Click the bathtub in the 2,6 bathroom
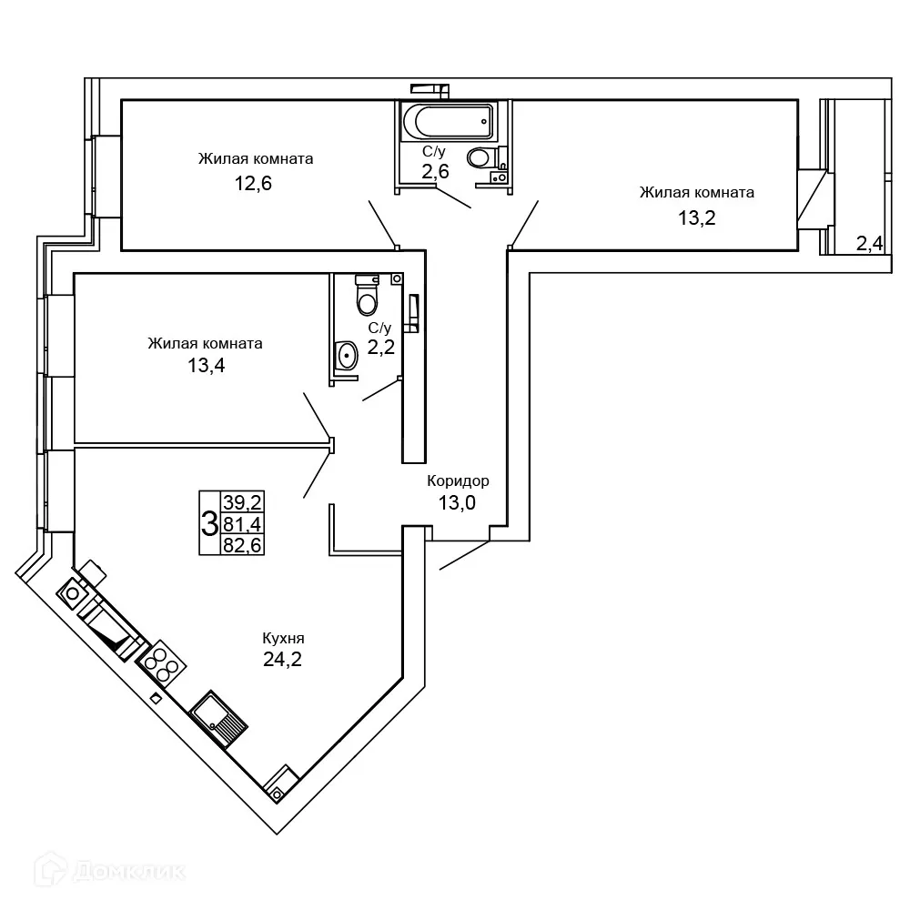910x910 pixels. tap(447, 122)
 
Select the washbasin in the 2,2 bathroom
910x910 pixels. tap(347, 355)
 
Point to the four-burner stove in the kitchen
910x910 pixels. tap(161, 664)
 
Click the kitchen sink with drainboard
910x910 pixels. tap(218, 719)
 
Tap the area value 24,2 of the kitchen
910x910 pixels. tap(283, 659)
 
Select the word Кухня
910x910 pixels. tap(283, 639)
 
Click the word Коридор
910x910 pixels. tap(458, 480)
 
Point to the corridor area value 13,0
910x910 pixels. tap(457, 502)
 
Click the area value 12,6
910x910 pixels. tap(253, 184)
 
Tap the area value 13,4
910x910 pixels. tap(206, 366)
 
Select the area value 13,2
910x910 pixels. tap(697, 218)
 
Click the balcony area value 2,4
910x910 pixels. tap(869, 244)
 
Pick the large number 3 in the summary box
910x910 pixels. tap(209, 523)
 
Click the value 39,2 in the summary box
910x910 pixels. tap(243, 501)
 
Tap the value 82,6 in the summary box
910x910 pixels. tap(243, 545)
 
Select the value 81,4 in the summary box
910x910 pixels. tap(243, 524)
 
